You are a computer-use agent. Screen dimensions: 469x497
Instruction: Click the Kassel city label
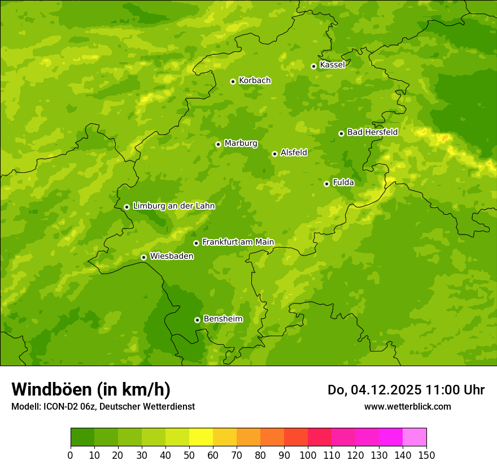(x=332, y=65)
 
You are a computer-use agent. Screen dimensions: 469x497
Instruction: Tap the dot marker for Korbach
(x=233, y=81)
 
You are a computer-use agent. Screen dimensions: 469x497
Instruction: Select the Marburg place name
(x=241, y=144)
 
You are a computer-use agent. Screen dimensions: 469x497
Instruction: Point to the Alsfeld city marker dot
(x=274, y=154)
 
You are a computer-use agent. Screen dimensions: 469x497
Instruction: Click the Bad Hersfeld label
(x=372, y=132)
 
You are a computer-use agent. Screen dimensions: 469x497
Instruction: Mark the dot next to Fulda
(x=326, y=184)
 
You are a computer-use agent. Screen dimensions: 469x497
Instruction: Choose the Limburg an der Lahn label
(x=173, y=206)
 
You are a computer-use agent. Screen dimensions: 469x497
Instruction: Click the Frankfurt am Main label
(x=238, y=242)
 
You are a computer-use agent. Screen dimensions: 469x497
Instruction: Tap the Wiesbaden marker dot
(x=143, y=257)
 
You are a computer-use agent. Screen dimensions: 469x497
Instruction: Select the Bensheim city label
(x=223, y=319)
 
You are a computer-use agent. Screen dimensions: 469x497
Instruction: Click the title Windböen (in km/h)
(x=91, y=389)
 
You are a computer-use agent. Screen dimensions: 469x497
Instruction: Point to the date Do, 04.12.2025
(x=374, y=390)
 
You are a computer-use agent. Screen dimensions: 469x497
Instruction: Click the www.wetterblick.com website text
(x=407, y=406)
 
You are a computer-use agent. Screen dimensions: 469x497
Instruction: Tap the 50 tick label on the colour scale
(x=189, y=455)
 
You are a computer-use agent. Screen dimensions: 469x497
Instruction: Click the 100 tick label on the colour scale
(x=308, y=455)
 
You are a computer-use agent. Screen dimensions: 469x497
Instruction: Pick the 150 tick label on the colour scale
(x=426, y=455)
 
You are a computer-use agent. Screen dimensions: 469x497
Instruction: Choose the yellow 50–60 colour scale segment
(x=201, y=437)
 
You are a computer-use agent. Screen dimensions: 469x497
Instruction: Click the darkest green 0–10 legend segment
(x=82, y=437)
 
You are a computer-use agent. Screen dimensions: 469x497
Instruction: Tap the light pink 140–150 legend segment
(x=415, y=437)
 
